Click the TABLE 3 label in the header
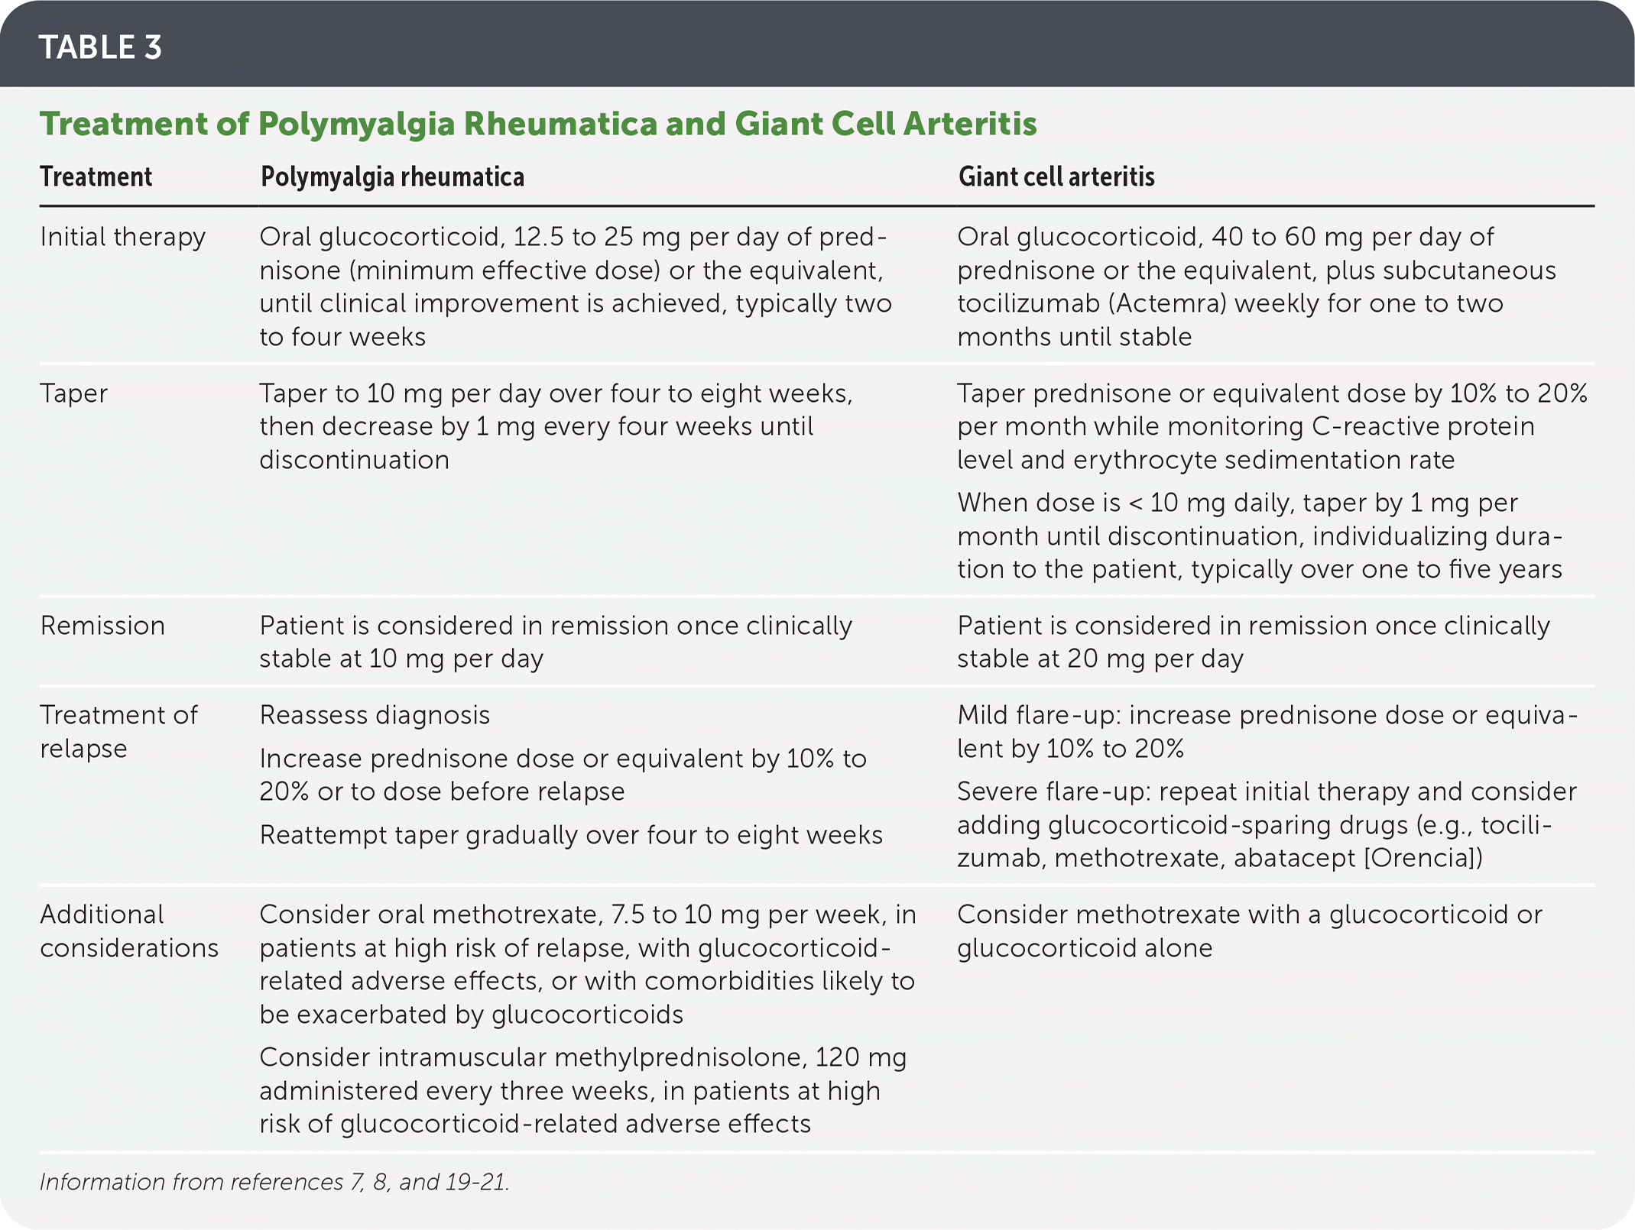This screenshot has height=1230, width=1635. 100,47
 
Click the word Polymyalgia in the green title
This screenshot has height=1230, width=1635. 355,124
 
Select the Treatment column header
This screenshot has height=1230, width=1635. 96,177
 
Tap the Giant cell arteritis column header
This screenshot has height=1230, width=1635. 1056,177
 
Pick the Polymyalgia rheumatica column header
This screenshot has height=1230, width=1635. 392,177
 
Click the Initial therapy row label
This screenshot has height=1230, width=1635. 122,237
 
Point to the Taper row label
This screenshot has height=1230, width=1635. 73,393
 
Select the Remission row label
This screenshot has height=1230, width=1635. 102,626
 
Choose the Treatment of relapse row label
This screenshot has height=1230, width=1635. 118,731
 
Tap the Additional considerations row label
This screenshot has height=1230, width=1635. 128,931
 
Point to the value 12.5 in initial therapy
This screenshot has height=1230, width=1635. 538,237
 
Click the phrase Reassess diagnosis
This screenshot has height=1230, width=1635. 375,715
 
